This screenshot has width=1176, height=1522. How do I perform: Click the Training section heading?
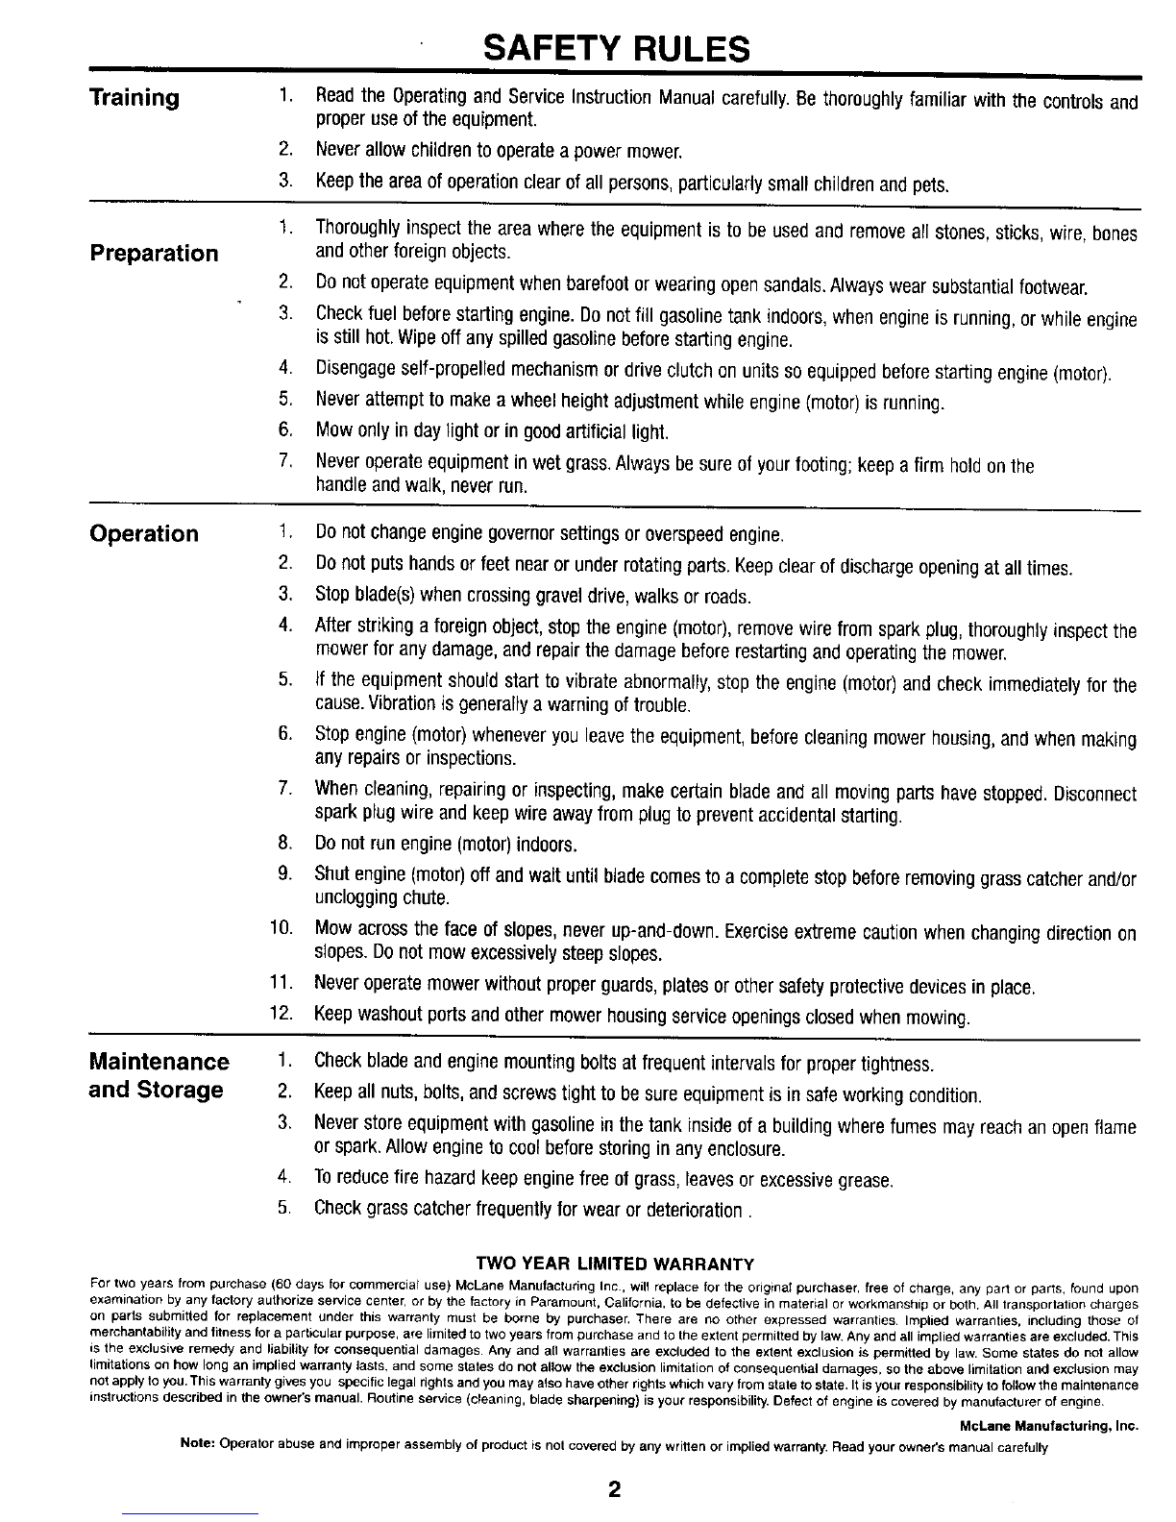coord(134,97)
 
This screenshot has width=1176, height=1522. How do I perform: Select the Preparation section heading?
coord(154,254)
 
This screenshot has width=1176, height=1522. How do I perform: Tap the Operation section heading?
coord(144,533)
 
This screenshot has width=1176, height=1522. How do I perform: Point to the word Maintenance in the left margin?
coord(159,1062)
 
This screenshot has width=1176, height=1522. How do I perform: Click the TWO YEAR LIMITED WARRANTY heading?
coord(615,1262)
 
